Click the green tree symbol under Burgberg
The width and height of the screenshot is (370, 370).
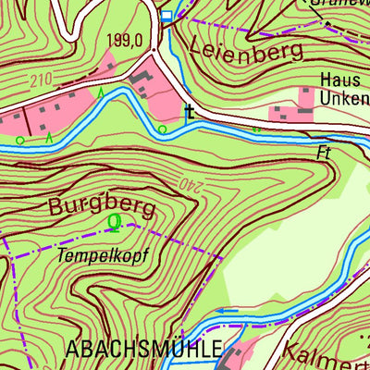tap(114, 222)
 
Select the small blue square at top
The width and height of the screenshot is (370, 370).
tap(166, 16)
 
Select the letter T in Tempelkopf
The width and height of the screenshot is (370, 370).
tap(61, 252)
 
